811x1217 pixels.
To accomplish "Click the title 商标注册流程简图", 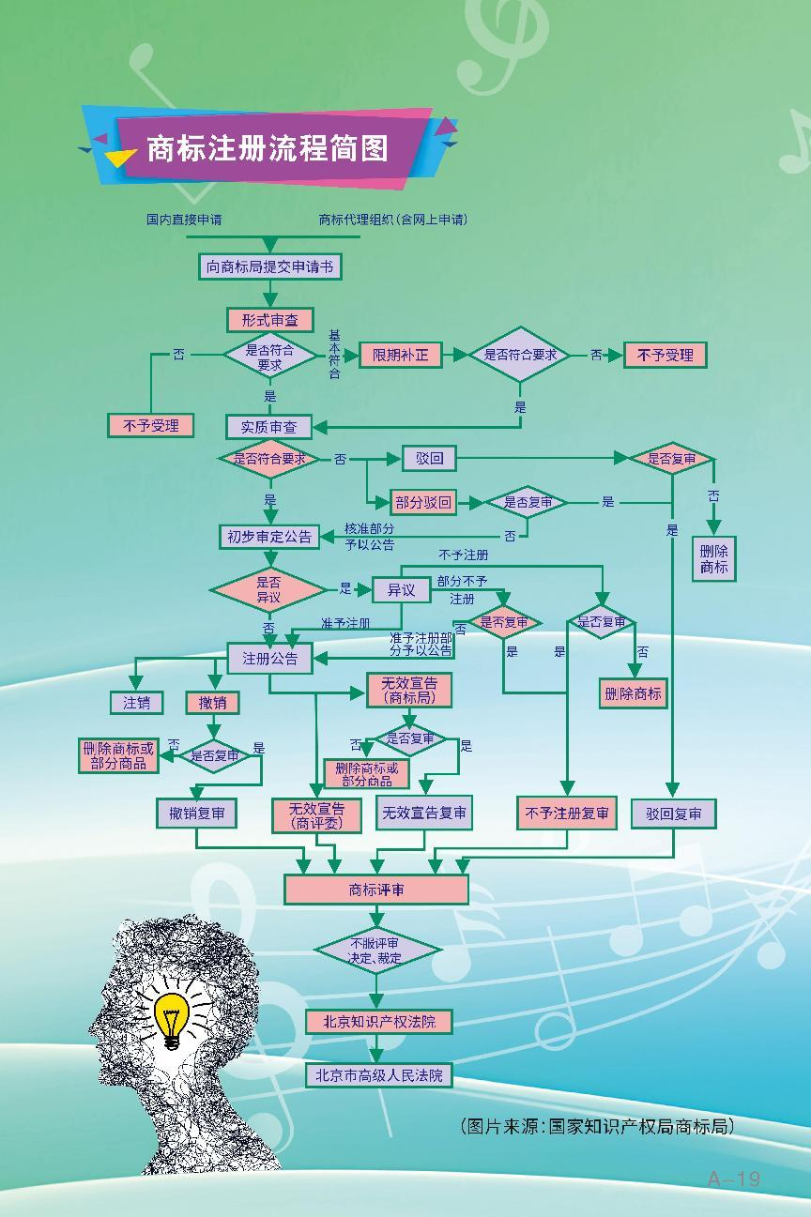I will click(x=268, y=148).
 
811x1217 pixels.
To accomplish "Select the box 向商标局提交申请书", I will click(x=269, y=267).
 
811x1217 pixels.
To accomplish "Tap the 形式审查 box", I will click(x=269, y=320).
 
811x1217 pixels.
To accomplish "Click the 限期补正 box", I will click(x=400, y=355).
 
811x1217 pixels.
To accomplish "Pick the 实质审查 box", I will click(x=268, y=427).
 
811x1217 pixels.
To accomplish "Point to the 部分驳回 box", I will click(x=423, y=503).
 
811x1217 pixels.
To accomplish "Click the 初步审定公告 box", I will click(x=268, y=537).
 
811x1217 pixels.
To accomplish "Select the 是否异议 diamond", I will click(x=268, y=589).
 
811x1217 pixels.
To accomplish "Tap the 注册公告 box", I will click(x=270, y=659).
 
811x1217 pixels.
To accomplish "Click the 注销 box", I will click(x=136, y=702).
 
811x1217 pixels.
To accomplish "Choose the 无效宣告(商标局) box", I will click(x=408, y=691).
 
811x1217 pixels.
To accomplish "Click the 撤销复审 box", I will click(x=196, y=814).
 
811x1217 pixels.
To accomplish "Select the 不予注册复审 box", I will click(x=567, y=814).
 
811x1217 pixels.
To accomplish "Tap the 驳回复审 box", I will click(x=673, y=814).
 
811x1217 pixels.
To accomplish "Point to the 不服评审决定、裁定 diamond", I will click(x=376, y=951).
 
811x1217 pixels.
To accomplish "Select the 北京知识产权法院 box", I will click(x=379, y=1021).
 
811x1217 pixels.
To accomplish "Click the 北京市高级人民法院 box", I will click(x=379, y=1075).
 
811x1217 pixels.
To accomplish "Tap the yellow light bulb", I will click(x=172, y=1018).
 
